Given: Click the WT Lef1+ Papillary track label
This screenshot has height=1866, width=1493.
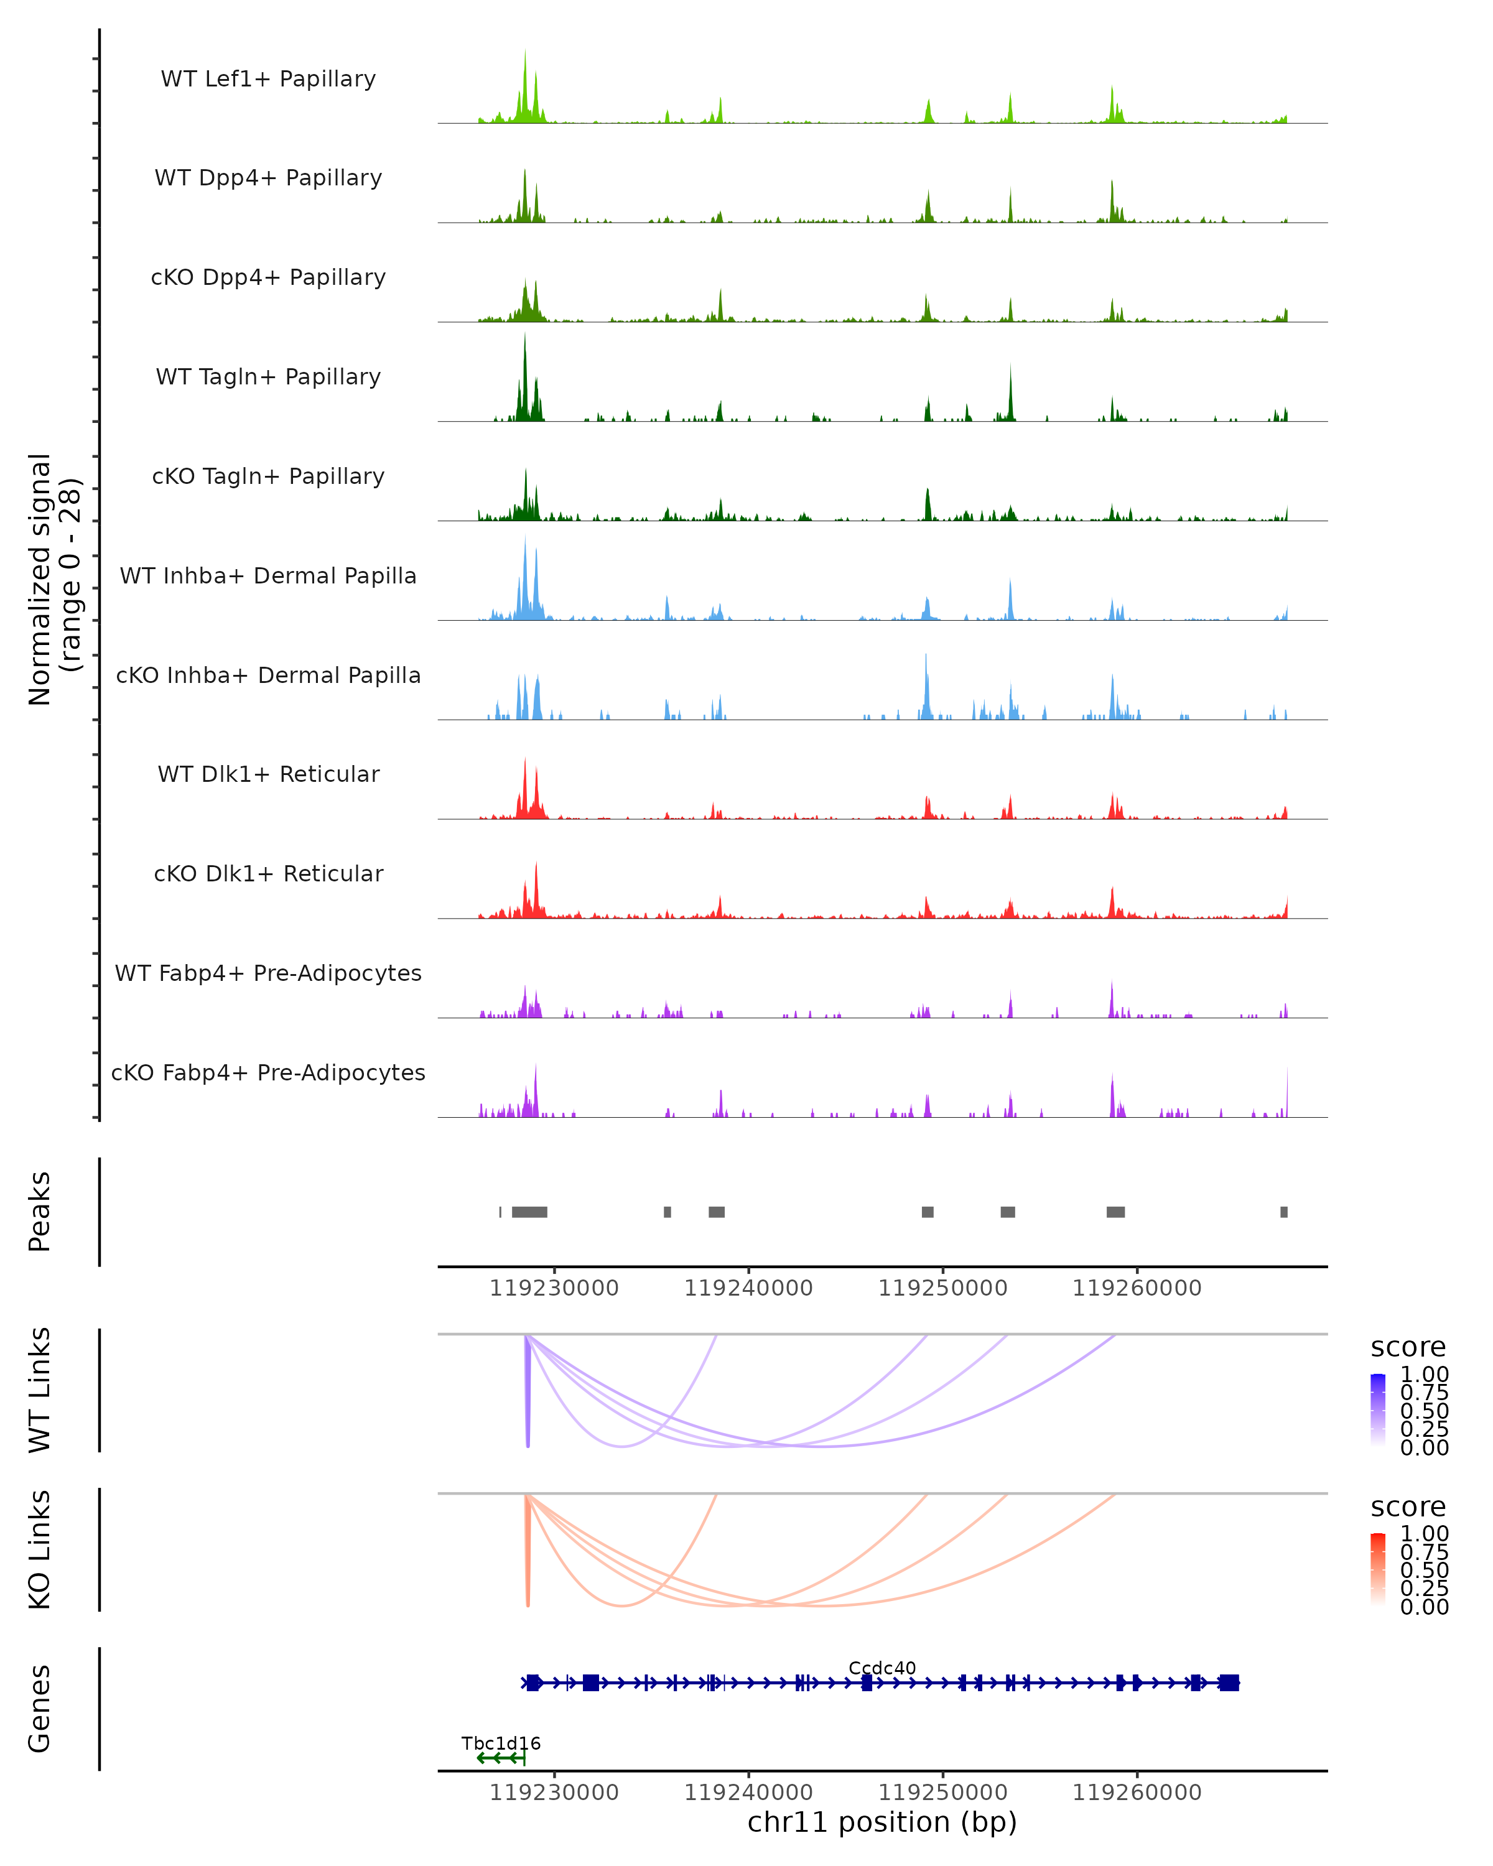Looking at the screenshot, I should [268, 79].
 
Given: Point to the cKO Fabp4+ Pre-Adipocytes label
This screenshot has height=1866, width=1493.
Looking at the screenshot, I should [268, 1072].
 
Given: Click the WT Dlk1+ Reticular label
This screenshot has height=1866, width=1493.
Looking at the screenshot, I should [268, 774].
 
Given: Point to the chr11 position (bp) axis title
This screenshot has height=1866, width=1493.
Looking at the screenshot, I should [882, 1822].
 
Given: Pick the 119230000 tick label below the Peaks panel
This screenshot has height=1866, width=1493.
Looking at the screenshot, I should [554, 1288].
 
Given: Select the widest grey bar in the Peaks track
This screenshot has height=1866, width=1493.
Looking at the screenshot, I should [529, 1212].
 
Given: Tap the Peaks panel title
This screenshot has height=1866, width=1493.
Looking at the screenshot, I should [39, 1212].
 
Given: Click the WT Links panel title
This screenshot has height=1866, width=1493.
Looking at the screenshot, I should [39, 1390].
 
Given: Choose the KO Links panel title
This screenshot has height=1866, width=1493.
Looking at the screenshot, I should [39, 1549].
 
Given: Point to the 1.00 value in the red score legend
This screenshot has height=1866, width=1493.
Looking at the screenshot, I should [1424, 1534].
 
